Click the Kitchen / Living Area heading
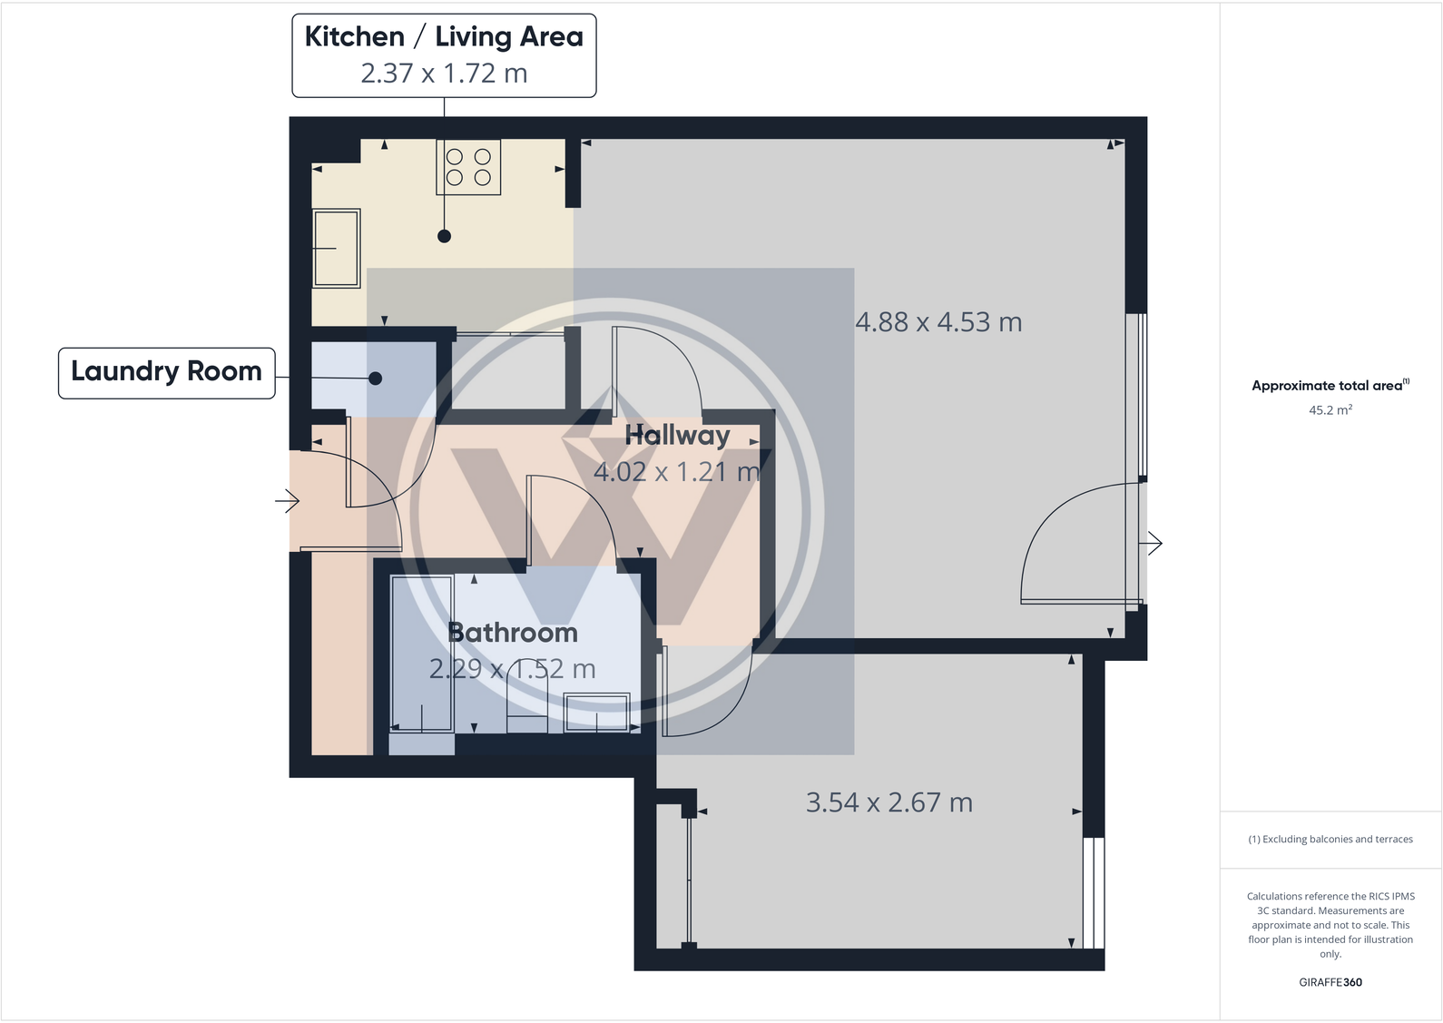(444, 36)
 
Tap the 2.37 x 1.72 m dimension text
(444, 74)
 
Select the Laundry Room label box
(166, 372)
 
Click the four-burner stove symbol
(468, 167)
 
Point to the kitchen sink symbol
(336, 248)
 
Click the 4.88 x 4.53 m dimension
(938, 322)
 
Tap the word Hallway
(677, 436)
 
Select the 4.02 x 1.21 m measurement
(676, 472)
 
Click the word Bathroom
(513, 633)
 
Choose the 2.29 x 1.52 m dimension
(512, 670)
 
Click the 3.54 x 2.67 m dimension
(889, 802)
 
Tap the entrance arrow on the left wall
(288, 500)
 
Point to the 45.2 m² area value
(1330, 410)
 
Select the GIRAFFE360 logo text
(1330, 982)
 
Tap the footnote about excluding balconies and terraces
(1330, 840)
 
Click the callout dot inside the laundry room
(375, 379)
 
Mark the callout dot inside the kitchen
(444, 236)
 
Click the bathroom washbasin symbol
(596, 712)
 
